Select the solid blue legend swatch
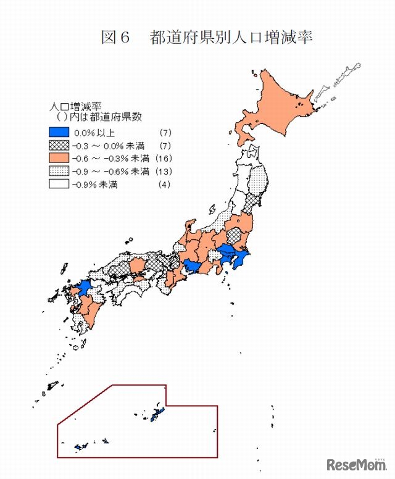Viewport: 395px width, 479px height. point(59,132)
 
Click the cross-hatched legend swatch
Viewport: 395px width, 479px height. point(59,145)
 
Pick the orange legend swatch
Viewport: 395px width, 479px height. point(59,158)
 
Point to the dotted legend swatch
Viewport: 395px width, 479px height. point(59,171)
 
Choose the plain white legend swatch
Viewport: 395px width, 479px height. point(59,184)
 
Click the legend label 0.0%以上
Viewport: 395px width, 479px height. point(94,132)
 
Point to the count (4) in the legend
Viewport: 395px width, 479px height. point(164,184)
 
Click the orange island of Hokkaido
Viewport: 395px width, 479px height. point(278,105)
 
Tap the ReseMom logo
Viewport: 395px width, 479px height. point(355,464)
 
